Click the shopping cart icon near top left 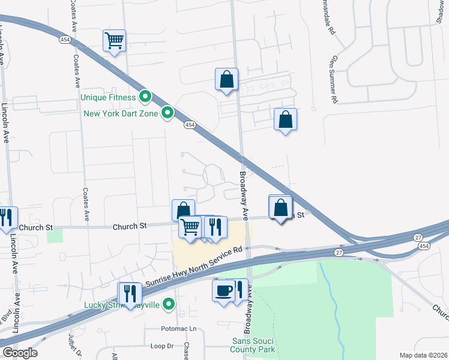coord(114,41)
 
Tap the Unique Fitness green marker coord(145,96)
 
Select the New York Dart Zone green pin coord(169,112)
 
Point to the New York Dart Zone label coord(121,113)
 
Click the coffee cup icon coord(223,290)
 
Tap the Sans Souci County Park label coord(253,345)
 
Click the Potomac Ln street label coord(179,329)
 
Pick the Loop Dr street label coord(161,346)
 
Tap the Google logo coord(20,353)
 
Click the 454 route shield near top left coord(65,40)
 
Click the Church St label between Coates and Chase coord(130,226)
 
